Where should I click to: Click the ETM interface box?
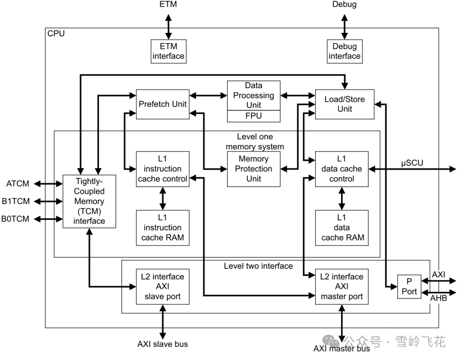click(168, 52)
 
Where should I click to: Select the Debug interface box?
click(345, 52)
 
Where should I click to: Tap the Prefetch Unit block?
click(163, 104)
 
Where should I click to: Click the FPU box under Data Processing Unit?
click(253, 116)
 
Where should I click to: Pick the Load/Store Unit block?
click(345, 104)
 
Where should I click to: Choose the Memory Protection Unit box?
click(253, 169)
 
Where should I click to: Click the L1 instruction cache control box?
click(163, 169)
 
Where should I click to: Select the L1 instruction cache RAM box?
click(163, 228)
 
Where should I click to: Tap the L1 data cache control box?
click(342, 169)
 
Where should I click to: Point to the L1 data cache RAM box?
click(342, 228)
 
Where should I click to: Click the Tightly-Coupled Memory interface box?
click(89, 201)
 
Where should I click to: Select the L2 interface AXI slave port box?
click(163, 287)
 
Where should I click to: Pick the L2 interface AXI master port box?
click(342, 287)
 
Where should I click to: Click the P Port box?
click(409, 287)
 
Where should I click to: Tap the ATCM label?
click(17, 184)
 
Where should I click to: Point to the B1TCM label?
click(16, 201)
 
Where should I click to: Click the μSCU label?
click(412, 163)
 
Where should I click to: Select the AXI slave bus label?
click(163, 344)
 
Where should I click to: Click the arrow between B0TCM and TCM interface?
click(48, 219)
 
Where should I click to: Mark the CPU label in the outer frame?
click(56, 34)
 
